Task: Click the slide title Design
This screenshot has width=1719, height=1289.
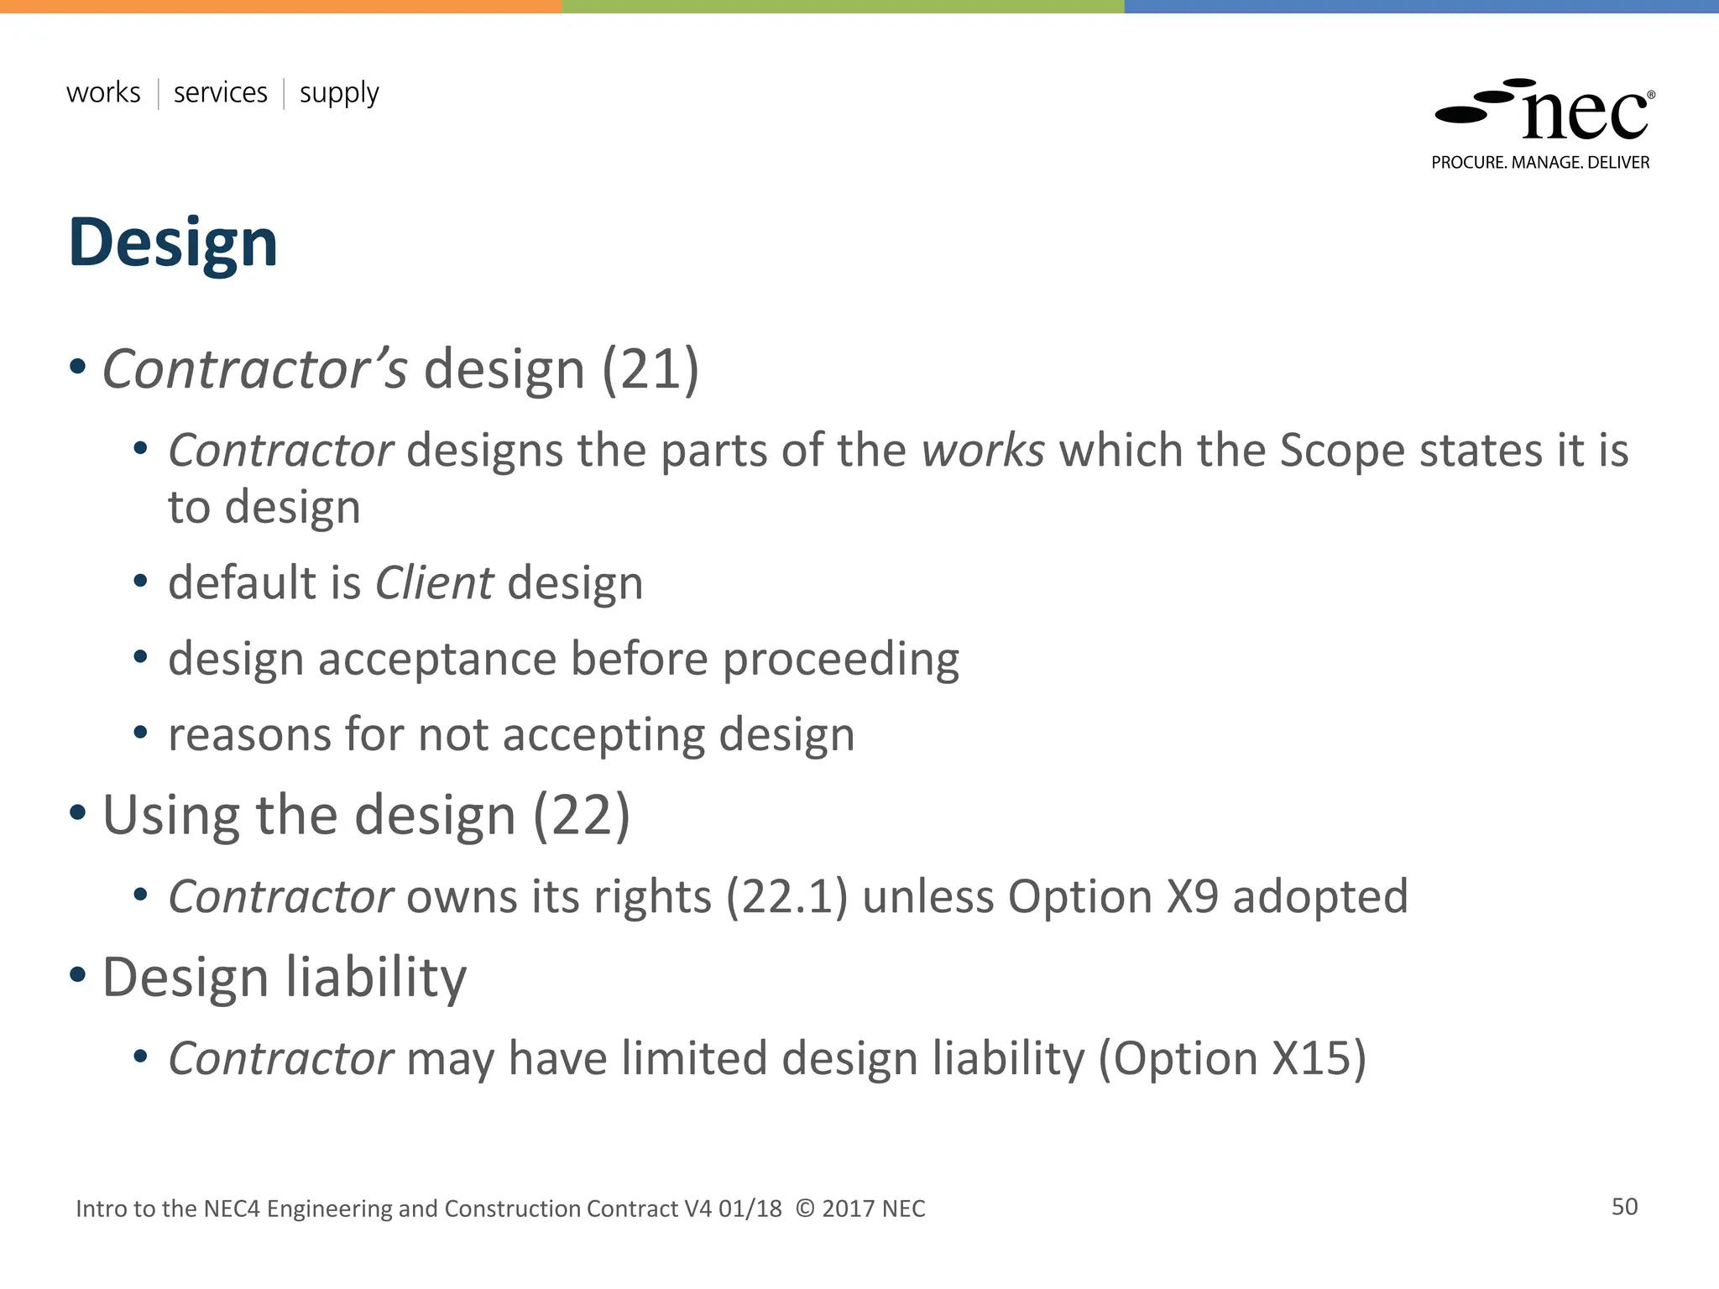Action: coord(172,243)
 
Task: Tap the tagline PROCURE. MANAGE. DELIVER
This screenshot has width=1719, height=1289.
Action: coord(1540,163)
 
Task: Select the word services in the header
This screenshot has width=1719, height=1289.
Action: coord(220,92)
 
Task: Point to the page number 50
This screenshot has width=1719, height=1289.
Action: coord(1624,1207)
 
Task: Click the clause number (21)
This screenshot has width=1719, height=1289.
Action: coord(651,369)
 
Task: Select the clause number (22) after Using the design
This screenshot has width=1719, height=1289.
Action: coord(582,816)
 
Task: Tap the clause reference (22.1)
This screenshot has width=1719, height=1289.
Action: coord(786,897)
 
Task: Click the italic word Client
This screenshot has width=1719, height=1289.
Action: coord(434,583)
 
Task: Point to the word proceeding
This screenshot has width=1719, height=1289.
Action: coord(840,660)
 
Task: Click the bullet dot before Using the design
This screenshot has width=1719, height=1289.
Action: coord(78,812)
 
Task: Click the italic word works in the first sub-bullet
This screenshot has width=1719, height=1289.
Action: coord(983,451)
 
